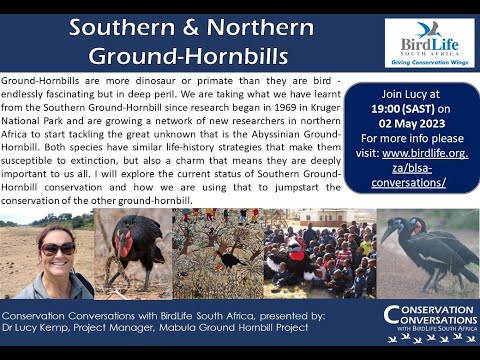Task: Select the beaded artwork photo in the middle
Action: [x=216, y=253]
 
